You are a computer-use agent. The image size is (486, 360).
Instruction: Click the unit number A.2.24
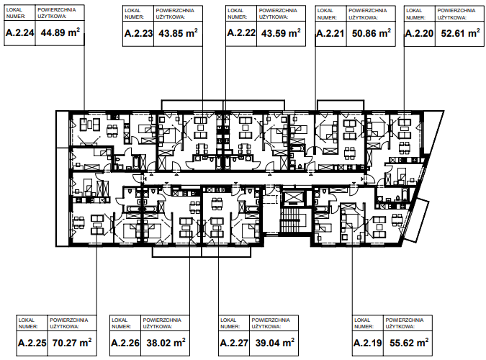click(20, 32)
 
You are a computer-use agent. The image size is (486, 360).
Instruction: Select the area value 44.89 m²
click(60, 32)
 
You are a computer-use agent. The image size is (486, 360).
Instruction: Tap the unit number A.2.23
click(138, 33)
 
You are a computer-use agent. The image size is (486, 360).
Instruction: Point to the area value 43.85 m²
click(179, 32)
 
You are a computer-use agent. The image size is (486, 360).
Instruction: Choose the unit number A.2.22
click(241, 32)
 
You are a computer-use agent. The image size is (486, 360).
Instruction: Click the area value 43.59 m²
click(281, 32)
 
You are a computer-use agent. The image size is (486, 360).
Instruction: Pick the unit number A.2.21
click(330, 33)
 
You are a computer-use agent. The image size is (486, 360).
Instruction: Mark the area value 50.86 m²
click(372, 32)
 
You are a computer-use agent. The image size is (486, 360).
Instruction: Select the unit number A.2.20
click(419, 33)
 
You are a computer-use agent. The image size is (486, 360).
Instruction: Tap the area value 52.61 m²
click(461, 32)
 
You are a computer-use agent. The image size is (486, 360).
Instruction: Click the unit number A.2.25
click(32, 343)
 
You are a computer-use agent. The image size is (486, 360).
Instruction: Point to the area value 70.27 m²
click(72, 342)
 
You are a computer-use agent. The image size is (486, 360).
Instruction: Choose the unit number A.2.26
click(125, 343)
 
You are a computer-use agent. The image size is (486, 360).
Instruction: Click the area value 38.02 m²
click(166, 342)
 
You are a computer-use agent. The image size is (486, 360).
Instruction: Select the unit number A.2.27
click(234, 343)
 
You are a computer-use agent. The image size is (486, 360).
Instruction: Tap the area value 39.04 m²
click(275, 342)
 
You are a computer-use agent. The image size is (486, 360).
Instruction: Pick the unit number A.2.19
click(368, 343)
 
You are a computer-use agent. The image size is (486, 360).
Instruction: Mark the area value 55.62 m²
click(409, 342)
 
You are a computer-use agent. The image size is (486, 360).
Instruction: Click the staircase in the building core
click(291, 220)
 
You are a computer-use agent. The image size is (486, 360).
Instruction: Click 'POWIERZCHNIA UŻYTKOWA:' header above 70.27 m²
click(69, 323)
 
